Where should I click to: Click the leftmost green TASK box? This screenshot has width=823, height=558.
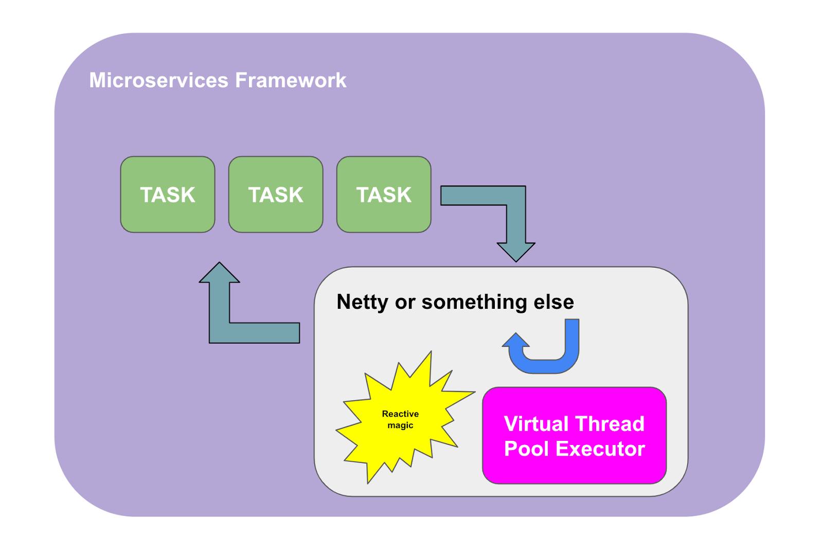click(168, 195)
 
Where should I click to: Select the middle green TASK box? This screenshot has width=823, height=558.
click(276, 195)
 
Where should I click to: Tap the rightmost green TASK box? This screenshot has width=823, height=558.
click(384, 195)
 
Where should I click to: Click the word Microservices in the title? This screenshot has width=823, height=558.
click(158, 80)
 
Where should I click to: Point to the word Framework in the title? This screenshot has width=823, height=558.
click(291, 80)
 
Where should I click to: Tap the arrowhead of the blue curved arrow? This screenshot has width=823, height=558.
click(515, 341)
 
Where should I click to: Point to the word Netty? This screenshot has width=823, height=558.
click(362, 302)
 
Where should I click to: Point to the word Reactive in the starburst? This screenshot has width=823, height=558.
click(400, 414)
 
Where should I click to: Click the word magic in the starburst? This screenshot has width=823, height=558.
click(400, 425)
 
